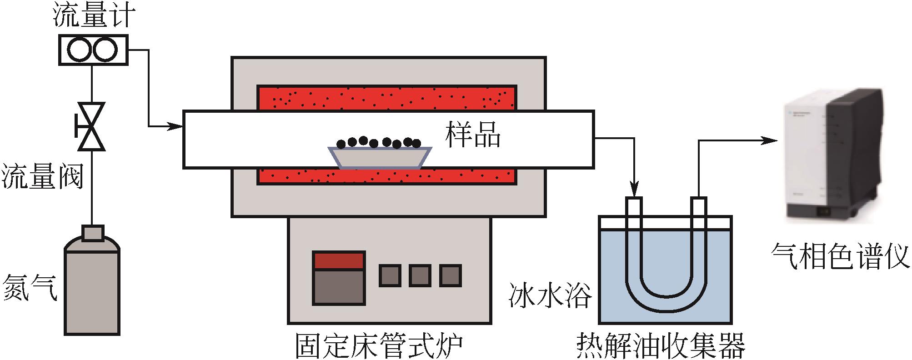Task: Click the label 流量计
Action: click(x=93, y=17)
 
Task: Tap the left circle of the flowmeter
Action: click(x=80, y=50)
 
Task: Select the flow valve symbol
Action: click(x=91, y=126)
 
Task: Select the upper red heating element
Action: click(x=387, y=98)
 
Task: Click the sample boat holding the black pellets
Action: click(x=380, y=157)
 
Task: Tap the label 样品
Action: click(x=473, y=135)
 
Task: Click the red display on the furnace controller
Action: click(x=339, y=260)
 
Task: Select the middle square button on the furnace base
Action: click(x=420, y=275)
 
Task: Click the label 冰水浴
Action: click(x=550, y=296)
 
